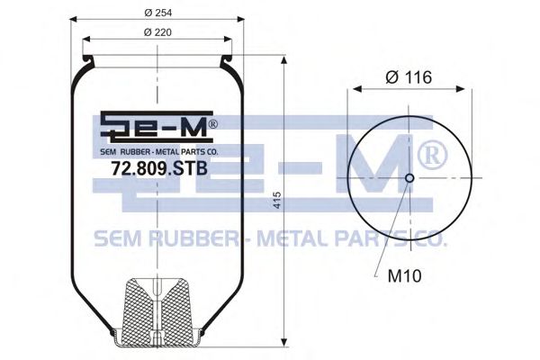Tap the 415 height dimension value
[276, 201]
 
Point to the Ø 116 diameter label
[409, 77]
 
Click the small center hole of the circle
[409, 178]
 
